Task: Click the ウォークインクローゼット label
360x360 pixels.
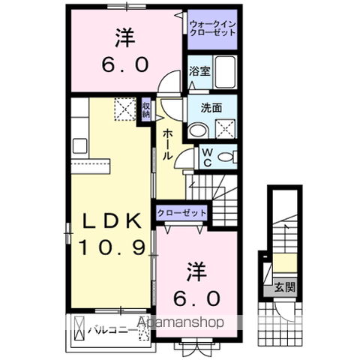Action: point(212,28)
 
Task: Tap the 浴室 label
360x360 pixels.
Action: point(199,71)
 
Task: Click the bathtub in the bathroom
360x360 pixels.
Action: point(225,72)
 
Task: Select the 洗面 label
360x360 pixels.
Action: point(211,108)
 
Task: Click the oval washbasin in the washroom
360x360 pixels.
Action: point(198,130)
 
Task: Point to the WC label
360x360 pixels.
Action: point(207,157)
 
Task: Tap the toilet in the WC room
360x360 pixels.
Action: point(227,157)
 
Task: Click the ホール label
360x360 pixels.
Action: point(168,145)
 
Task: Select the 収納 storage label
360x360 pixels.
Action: point(145,110)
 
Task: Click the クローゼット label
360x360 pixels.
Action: point(181,213)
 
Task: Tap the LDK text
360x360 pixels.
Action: point(112,221)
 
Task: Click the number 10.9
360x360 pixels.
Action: point(112,247)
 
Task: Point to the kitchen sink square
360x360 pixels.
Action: point(80,145)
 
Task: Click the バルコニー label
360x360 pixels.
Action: point(112,331)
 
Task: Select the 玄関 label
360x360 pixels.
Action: point(285,287)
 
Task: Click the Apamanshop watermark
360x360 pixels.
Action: point(180,322)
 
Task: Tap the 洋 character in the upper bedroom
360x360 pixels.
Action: point(125,38)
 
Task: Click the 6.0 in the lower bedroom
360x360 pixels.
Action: point(197,299)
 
